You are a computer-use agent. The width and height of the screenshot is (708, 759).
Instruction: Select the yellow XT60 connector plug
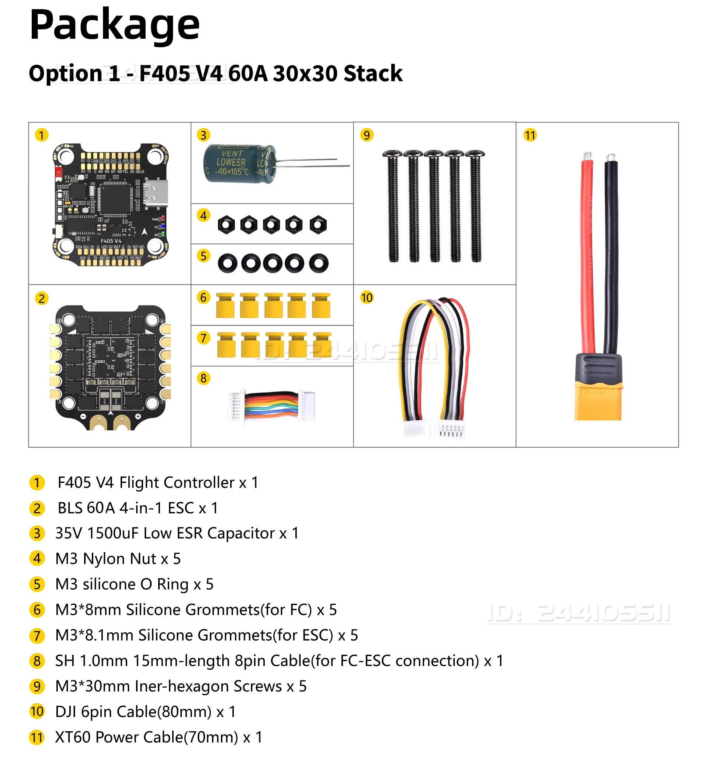(x=598, y=400)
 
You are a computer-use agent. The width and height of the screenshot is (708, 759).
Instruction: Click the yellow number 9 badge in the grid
(x=366, y=135)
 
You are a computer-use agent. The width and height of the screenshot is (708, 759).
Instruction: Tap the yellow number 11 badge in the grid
(x=530, y=135)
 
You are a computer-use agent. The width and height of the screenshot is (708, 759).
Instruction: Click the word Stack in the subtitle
(x=373, y=73)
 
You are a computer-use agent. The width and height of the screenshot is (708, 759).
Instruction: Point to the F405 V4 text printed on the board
(x=111, y=241)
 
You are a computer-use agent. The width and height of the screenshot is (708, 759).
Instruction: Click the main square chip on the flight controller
(x=115, y=199)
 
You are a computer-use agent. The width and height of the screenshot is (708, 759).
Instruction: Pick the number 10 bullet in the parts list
(x=37, y=712)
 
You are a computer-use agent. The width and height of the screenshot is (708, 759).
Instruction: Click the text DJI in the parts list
(x=65, y=712)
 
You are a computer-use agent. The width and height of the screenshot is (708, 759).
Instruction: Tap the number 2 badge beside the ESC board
(x=42, y=298)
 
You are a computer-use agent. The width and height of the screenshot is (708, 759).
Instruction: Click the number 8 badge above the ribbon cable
(x=203, y=378)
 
